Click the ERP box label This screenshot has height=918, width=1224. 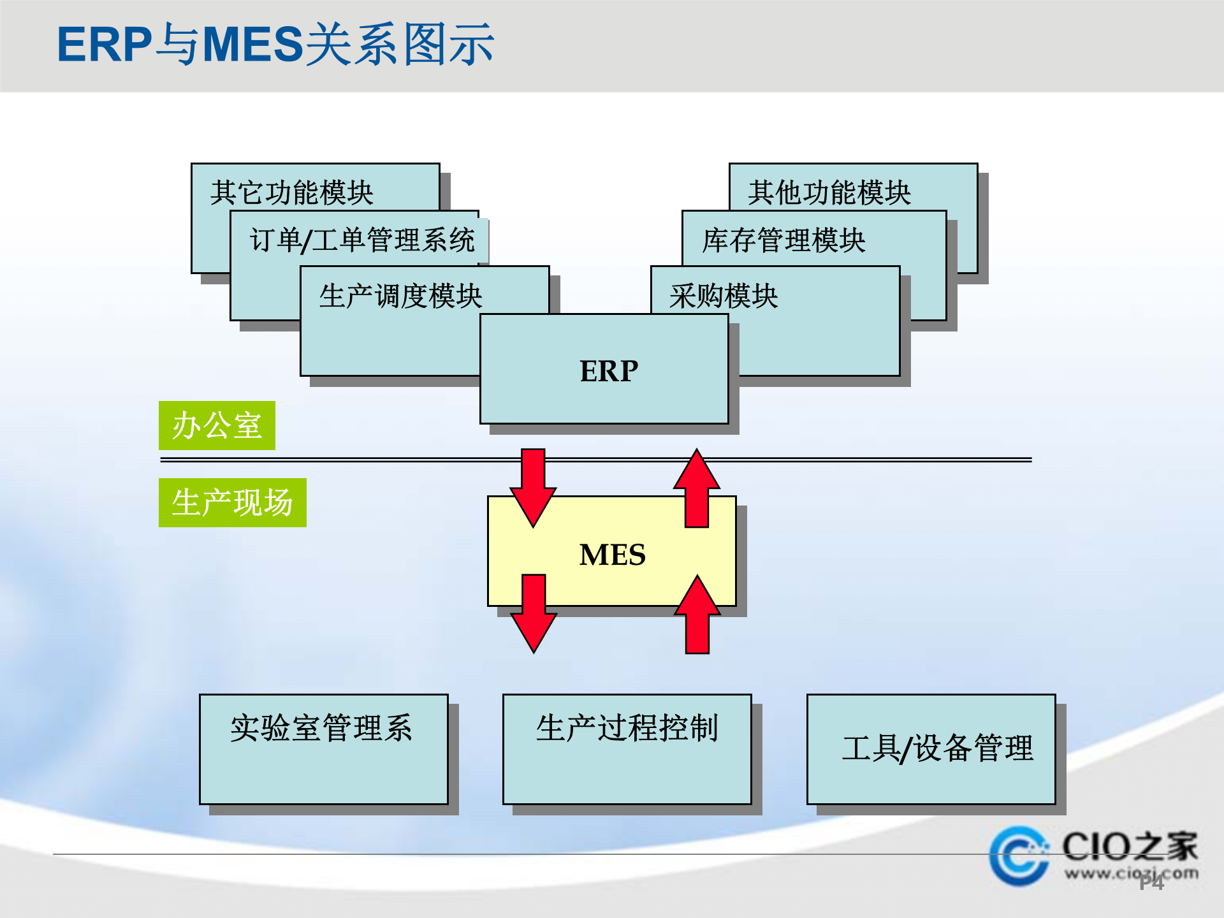coord(608,370)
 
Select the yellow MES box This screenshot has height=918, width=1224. coord(612,553)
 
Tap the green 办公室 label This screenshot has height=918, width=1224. coord(217,425)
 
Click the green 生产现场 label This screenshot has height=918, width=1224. coord(232,502)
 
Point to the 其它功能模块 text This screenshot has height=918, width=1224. coord(291,193)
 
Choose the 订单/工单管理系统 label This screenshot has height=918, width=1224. coord(361,240)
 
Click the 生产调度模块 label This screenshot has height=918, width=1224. coord(400,296)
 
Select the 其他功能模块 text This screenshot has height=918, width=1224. coord(829,193)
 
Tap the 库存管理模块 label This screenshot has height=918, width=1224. coord(783,240)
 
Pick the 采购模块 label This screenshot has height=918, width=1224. coord(724,296)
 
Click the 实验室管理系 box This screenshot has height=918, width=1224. coord(323,749)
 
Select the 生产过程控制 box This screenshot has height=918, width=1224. coord(627,749)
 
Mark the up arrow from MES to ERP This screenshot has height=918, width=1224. coord(697,488)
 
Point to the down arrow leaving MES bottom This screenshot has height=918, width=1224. coord(534,613)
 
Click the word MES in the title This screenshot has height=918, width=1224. coord(252,45)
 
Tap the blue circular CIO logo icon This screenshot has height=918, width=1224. coord(1018,856)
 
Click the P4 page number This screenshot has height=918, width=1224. coord(1151,882)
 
